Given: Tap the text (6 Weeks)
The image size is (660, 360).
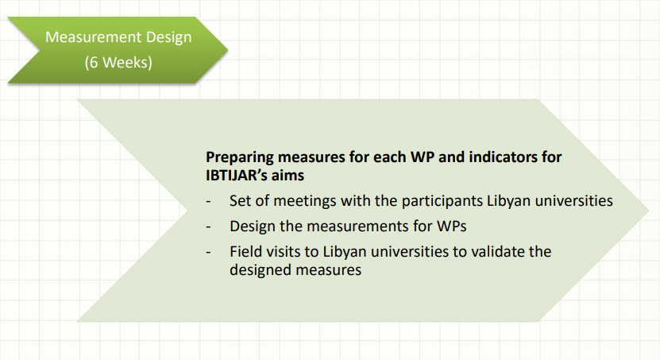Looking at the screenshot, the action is (x=118, y=62).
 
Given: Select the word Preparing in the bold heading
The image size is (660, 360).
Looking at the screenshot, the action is (x=240, y=157).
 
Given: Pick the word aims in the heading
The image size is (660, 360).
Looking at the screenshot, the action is (x=288, y=175).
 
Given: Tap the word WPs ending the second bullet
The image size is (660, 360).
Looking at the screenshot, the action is (x=452, y=226).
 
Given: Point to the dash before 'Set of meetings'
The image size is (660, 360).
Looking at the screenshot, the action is (x=208, y=202).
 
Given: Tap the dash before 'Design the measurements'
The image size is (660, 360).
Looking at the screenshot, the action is (x=208, y=227).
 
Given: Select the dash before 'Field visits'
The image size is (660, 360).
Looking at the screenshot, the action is (x=208, y=252).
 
